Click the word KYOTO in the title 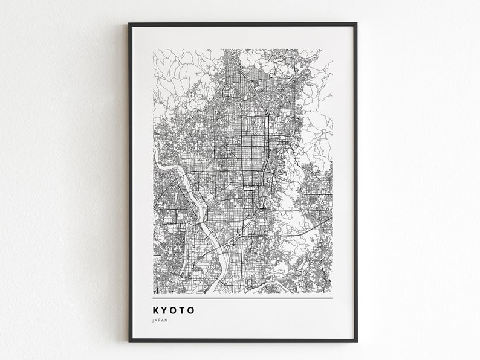pos(174,310)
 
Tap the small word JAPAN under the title pos(161,321)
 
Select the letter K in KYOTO pos(157,310)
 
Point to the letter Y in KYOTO pos(165,310)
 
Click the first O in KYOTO pos(174,310)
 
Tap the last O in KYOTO pos(192,310)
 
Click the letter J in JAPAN pos(154,321)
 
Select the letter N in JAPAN pos(167,321)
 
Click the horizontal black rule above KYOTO pos(242,298)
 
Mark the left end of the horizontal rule pos(154,298)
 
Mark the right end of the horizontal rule pos(332,298)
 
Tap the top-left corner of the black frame pos(129,24)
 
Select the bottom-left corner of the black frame pos(129,341)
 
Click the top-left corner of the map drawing pos(154,50)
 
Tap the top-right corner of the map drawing pos(332,50)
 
